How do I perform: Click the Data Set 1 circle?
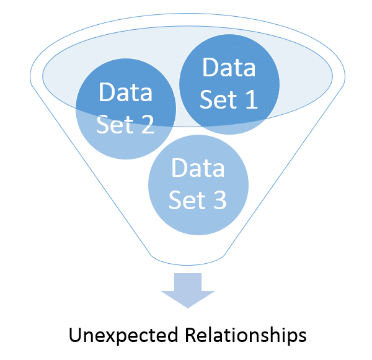coord(229,84)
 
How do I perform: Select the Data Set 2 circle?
coord(126,109)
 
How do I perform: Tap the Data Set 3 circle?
coord(198,185)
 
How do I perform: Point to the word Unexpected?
coord(125,336)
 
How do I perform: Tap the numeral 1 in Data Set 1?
coord(249,99)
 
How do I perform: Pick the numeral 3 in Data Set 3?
coord(218,200)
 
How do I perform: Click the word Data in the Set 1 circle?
coord(229,68)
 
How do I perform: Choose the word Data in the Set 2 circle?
coord(126,92)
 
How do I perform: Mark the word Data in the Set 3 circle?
coord(198,168)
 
